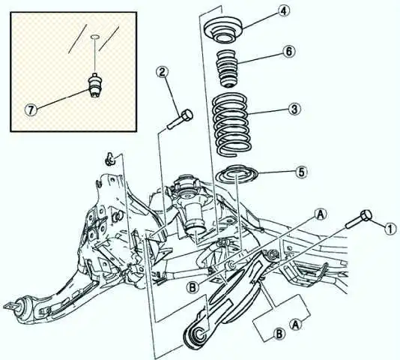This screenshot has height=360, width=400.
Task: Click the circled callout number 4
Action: click(x=284, y=11)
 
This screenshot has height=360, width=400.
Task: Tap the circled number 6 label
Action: click(x=288, y=51)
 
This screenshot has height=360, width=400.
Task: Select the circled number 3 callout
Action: click(x=294, y=109)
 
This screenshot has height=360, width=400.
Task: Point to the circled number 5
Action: click(x=301, y=172)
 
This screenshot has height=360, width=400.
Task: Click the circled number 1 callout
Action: click(x=390, y=229)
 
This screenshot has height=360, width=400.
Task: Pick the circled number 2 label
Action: click(x=163, y=72)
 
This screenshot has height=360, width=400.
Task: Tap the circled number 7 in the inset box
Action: click(x=31, y=110)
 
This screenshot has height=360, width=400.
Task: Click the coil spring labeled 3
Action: click(x=231, y=124)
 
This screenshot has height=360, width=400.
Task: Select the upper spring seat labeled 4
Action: click(x=223, y=28)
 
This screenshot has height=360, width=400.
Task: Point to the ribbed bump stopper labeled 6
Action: click(x=227, y=68)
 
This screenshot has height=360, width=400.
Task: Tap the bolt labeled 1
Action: click(x=358, y=220)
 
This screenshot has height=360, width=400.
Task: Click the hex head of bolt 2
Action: click(x=187, y=115)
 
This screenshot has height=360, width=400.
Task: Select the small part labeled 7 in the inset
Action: click(x=94, y=85)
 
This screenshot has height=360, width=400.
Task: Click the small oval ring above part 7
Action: click(x=94, y=37)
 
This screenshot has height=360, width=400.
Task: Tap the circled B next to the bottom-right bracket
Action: click(x=279, y=334)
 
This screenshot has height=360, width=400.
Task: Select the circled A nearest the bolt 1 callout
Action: click(x=321, y=214)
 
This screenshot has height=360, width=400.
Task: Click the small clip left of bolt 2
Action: click(x=110, y=159)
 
